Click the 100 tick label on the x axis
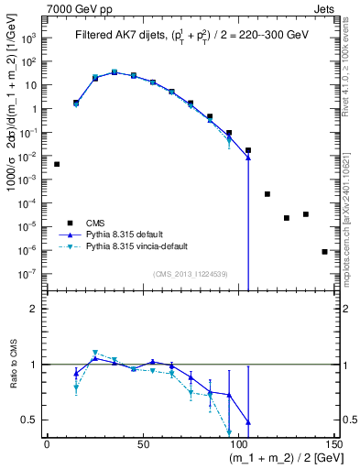click(x=240, y=444)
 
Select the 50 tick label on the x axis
click(x=143, y=444)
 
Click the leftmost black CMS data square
click(x=57, y=164)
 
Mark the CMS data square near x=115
click(x=267, y=194)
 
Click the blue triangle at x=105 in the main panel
click(x=248, y=158)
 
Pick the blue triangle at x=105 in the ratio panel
click(x=248, y=423)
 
